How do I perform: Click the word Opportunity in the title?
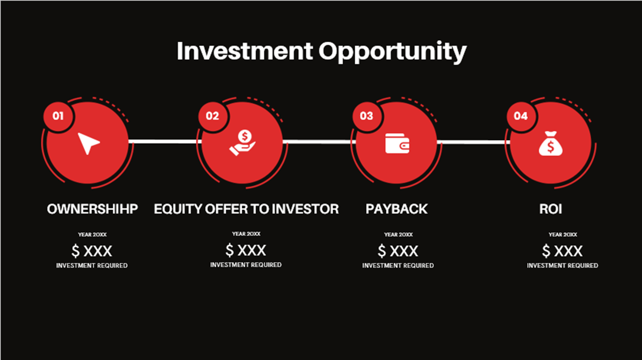coord(392,52)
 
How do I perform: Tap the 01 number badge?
coord(58,116)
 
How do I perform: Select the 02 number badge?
coord(212,116)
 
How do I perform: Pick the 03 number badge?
coord(366,116)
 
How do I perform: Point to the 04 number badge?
coord(521,116)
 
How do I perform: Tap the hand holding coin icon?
coord(242,143)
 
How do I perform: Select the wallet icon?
coord(397,143)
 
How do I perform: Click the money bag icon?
coord(551,143)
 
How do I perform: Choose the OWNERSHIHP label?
coord(92,209)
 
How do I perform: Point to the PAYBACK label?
coord(397,209)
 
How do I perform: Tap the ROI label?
coord(551,209)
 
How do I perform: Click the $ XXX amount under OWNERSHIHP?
coord(92,251)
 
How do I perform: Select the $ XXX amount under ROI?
coord(562,251)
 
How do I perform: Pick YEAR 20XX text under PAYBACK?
coord(398,234)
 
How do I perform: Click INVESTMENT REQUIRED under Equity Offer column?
coord(246,265)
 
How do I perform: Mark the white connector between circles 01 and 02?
coord(164,141)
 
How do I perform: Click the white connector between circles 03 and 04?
coord(473,142)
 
